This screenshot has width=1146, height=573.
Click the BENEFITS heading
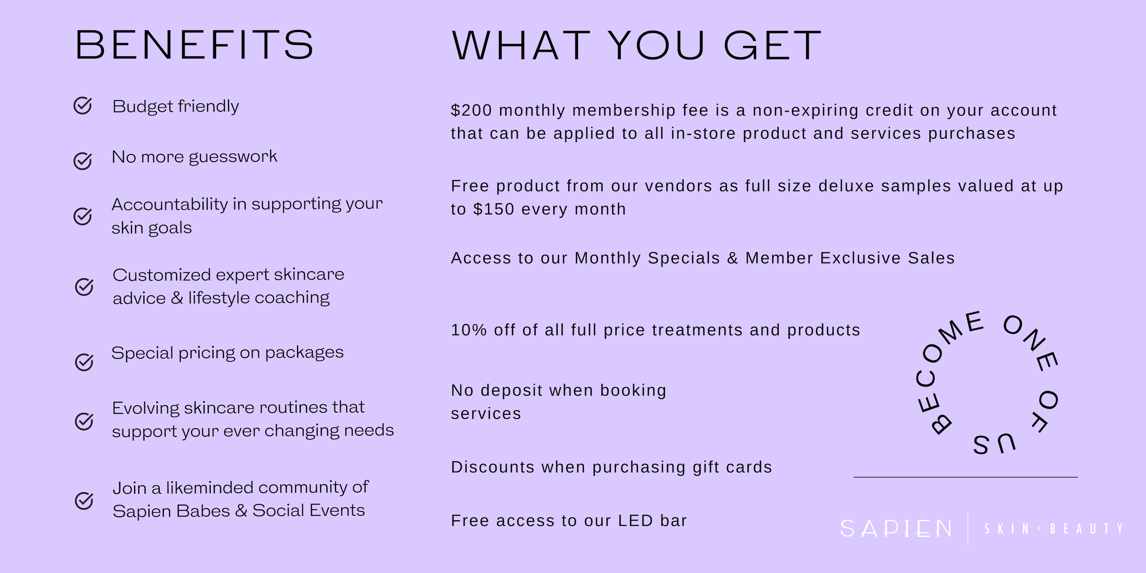(x=195, y=45)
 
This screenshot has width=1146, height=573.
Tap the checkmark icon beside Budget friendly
(x=83, y=106)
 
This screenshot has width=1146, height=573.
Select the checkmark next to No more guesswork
(x=83, y=161)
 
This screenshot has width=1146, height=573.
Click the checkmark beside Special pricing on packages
(x=84, y=362)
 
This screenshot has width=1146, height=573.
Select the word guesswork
(x=233, y=157)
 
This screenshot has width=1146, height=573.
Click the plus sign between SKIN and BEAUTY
(x=1040, y=528)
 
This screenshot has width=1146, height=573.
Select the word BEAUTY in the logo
(x=1086, y=528)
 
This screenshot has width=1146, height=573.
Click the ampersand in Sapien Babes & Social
(x=241, y=511)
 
